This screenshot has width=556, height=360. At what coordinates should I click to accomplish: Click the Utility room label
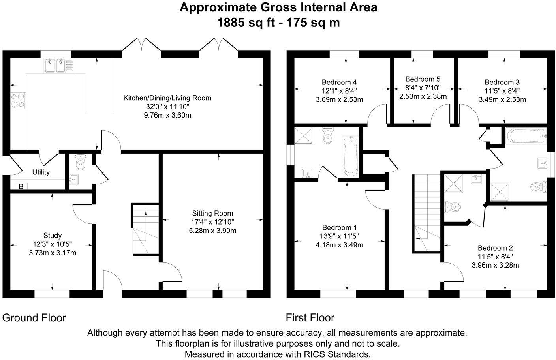pyautogui.click(x=41, y=172)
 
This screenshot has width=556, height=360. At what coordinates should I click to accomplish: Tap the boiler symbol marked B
pyautogui.click(x=21, y=186)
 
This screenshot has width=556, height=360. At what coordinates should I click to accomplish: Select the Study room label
pyautogui.click(x=53, y=235)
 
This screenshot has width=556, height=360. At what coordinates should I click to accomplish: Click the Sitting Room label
pyautogui.click(x=212, y=213)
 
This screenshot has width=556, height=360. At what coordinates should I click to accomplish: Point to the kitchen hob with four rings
pyautogui.click(x=18, y=101)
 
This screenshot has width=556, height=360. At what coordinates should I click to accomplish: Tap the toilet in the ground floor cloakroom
pyautogui.click(x=80, y=161)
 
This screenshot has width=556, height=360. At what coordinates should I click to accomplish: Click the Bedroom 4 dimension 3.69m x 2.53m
pyautogui.click(x=339, y=100)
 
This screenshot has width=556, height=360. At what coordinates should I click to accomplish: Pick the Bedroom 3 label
pyautogui.click(x=502, y=82)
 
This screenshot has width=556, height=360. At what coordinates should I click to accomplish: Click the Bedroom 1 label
pyautogui.click(x=339, y=227)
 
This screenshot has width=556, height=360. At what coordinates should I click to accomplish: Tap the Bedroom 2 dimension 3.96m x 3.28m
pyautogui.click(x=495, y=265)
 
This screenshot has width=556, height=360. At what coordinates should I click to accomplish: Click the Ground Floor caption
pyautogui.click(x=34, y=318)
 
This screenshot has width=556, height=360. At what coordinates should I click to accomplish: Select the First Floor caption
pyautogui.click(x=310, y=318)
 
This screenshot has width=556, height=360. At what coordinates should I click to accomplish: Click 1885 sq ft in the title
pyautogui.click(x=246, y=22)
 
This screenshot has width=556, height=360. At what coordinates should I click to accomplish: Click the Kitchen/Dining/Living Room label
pyautogui.click(x=167, y=98)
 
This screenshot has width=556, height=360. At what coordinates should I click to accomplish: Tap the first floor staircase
pyautogui.click(x=427, y=214)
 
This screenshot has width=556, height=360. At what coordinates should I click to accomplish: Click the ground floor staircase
pyautogui.click(x=145, y=229)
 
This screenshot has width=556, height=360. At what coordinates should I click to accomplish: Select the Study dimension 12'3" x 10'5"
pyautogui.click(x=53, y=244)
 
